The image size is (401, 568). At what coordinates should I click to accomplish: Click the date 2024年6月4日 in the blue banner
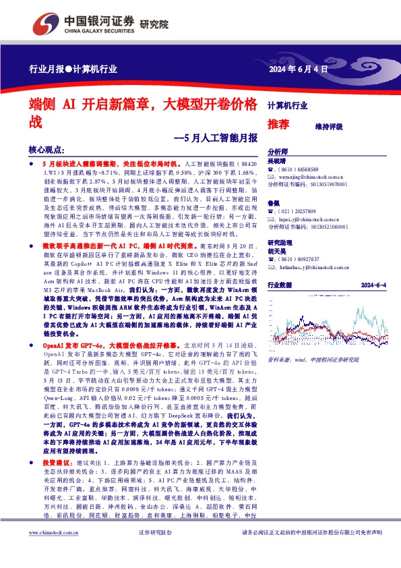[x=299, y=69]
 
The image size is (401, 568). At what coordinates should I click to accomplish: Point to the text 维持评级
[x=328, y=126]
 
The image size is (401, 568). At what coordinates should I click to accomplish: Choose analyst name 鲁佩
[x=274, y=203]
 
